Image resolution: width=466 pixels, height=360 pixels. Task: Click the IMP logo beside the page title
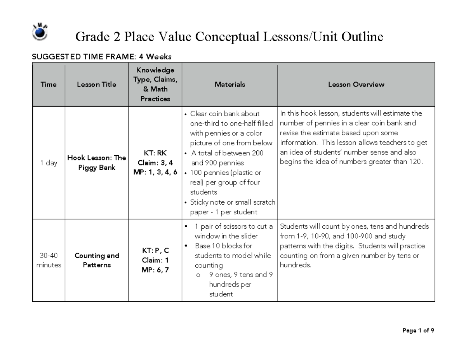40,32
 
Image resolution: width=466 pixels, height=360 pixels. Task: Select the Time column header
49,84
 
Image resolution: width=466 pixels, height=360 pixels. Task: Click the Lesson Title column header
97,84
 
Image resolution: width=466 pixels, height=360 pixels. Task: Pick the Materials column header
230,84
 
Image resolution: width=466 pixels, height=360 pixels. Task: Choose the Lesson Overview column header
356,84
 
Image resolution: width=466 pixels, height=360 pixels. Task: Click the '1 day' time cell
49,163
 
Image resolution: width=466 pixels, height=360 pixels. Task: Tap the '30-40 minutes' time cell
49,260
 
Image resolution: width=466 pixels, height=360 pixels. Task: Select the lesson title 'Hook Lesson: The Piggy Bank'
97,163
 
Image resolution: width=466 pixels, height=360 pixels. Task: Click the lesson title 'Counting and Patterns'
97,260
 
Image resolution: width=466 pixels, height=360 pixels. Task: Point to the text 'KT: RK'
155,153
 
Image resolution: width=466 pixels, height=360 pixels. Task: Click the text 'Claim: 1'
155,260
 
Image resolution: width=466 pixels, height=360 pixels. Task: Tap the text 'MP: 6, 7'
155,270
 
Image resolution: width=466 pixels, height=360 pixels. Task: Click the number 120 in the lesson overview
414,162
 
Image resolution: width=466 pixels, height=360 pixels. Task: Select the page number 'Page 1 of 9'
418,330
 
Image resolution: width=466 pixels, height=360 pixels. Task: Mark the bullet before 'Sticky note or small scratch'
186,202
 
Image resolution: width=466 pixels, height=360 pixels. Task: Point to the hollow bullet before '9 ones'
198,275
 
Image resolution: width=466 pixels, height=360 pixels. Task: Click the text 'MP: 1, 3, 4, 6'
155,172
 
